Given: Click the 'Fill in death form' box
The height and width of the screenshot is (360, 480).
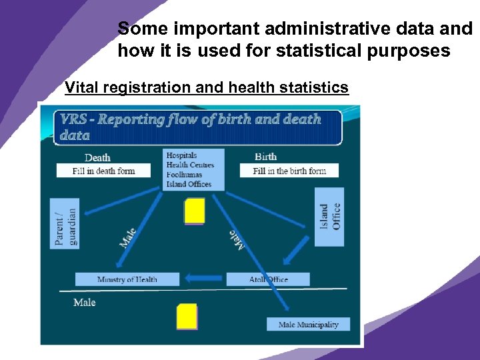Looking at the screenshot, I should [103, 171].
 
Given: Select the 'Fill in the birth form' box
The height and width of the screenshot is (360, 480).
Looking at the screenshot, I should [289, 171].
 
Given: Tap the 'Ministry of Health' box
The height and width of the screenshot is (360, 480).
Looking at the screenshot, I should [127, 279].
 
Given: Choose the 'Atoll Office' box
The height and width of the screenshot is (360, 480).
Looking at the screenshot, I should [268, 279].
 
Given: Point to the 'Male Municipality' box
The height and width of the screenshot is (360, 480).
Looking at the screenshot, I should [308, 325].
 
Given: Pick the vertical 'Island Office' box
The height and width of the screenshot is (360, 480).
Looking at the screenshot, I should [329, 217].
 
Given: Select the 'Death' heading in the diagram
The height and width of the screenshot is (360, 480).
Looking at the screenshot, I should [97, 157].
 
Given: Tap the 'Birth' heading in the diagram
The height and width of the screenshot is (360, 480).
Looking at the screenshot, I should [265, 157].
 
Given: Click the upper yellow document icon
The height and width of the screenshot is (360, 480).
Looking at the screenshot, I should [194, 211].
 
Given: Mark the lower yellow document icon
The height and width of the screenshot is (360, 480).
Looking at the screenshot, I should [187, 317].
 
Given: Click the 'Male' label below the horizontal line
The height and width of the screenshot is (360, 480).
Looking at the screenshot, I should [85, 303].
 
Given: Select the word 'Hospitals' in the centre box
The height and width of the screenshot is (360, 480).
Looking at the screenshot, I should [181, 156].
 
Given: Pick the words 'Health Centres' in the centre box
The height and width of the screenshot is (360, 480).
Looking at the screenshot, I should [190, 165].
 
